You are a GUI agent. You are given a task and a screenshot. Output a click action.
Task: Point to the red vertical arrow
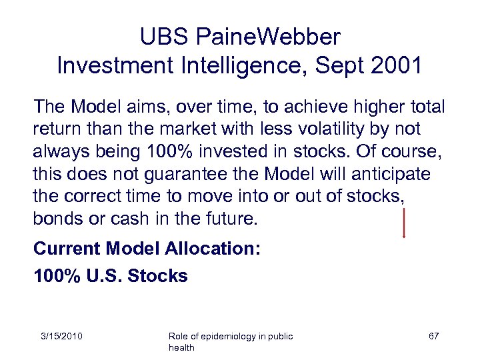click(404, 223)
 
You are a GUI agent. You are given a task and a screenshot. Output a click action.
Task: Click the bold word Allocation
click(210, 249)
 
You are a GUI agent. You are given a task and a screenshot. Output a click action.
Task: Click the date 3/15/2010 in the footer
click(60, 336)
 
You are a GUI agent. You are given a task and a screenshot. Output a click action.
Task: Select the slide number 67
click(433, 336)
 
